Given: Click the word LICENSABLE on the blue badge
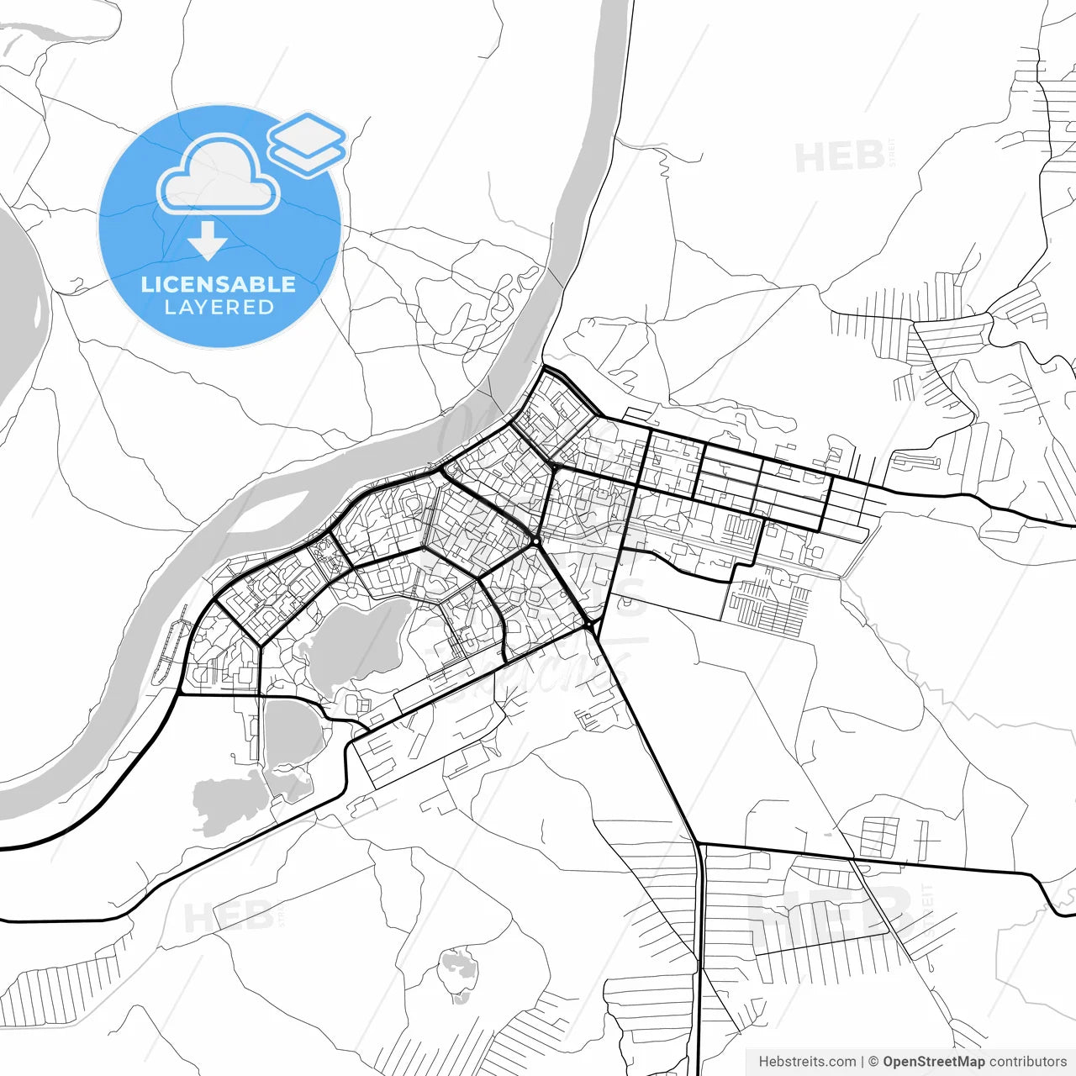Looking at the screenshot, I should tap(219, 284).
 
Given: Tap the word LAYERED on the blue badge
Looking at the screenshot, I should tap(219, 308).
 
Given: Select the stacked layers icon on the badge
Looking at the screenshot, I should tap(307, 143).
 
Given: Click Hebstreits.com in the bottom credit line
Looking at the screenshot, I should tap(807, 1062).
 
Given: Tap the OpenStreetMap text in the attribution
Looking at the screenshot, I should tap(934, 1062).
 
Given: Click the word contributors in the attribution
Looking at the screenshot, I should tap(1027, 1062).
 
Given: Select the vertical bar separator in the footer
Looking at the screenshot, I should tap(862, 1062).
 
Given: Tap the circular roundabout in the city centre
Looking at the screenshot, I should tap(535, 542).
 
